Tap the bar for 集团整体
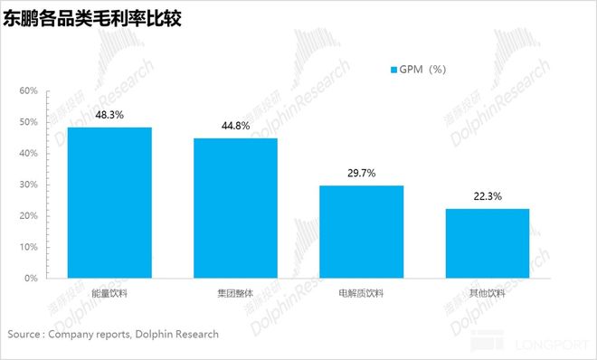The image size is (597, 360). pyautogui.click(x=235, y=207)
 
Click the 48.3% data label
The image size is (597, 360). pyautogui.click(x=109, y=115)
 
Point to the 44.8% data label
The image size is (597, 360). pyautogui.click(x=235, y=126)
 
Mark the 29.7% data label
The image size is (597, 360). pyautogui.click(x=361, y=173)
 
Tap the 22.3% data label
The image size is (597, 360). pyautogui.click(x=487, y=196)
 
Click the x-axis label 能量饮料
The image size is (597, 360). pyautogui.click(x=109, y=293)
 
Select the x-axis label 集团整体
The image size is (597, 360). pyautogui.click(x=235, y=293)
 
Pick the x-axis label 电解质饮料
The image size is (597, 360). pyautogui.click(x=361, y=293)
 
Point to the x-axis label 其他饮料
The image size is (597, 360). pyautogui.click(x=487, y=293)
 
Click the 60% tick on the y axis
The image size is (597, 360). pyautogui.click(x=27, y=91)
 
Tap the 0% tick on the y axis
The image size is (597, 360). pyautogui.click(x=30, y=278)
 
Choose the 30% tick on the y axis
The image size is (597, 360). pyautogui.click(x=27, y=185)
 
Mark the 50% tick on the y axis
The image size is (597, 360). pyautogui.click(x=27, y=122)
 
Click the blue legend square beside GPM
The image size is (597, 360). pyautogui.click(x=393, y=70)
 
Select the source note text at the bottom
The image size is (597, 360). pyautogui.click(x=113, y=334)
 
